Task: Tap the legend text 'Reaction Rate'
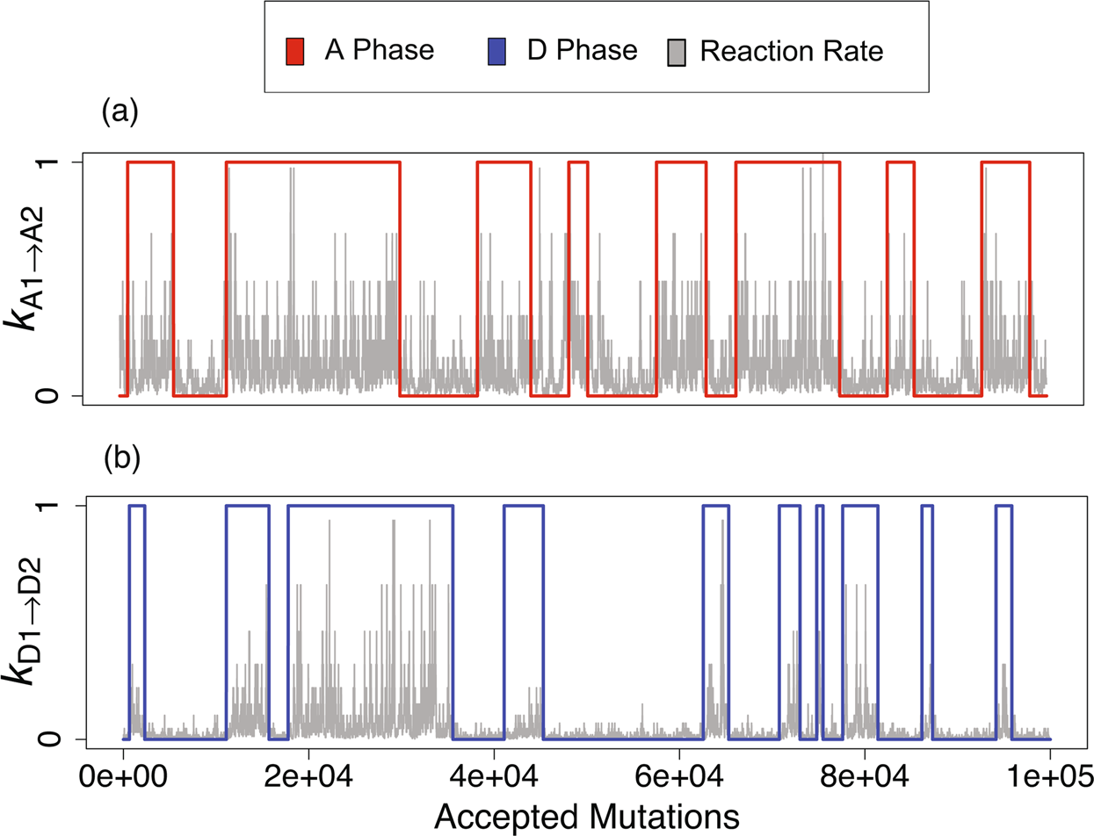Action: tap(791, 52)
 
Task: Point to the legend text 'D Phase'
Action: tap(582, 51)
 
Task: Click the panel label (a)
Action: tap(121, 112)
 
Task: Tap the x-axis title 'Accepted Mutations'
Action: tap(586, 816)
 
